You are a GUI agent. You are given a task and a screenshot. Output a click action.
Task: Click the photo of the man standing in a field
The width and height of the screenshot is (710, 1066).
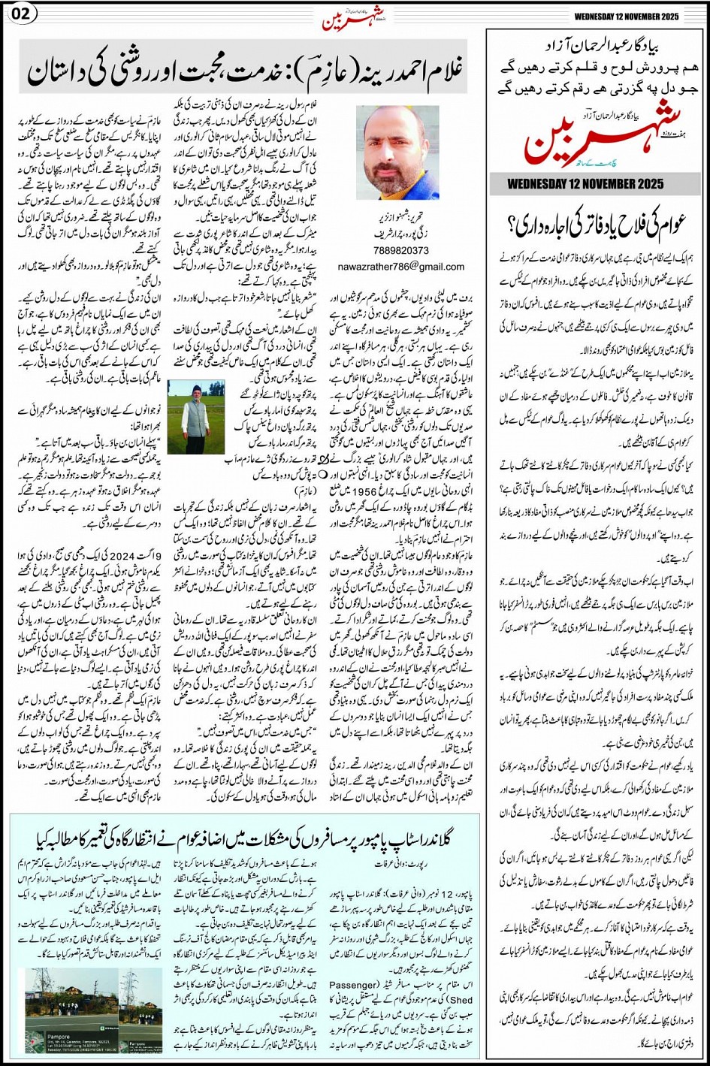[x=195, y=418]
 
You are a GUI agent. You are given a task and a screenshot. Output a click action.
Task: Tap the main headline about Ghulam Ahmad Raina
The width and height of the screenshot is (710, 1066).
[x=245, y=72]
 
